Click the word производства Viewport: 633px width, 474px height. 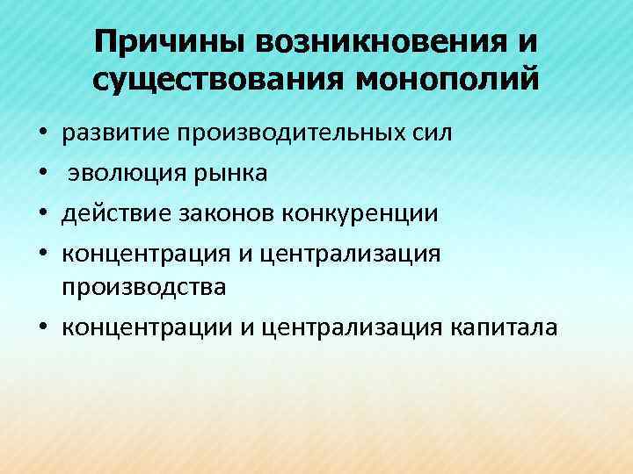(x=144, y=288)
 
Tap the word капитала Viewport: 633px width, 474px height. (x=504, y=327)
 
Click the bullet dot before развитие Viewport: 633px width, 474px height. (x=42, y=136)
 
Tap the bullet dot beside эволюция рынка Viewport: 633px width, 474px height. (x=42, y=175)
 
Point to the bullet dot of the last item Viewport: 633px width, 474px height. (x=42, y=329)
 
